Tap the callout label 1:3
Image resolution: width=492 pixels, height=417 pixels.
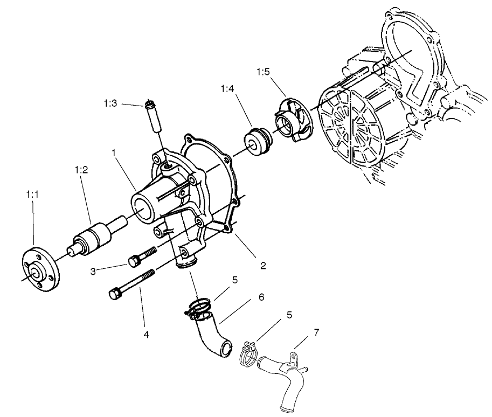[x=110, y=103]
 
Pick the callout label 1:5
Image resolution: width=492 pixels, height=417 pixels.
[x=262, y=72]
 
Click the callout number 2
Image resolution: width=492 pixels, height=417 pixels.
[x=262, y=266]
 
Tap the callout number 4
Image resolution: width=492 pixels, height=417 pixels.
[x=145, y=334]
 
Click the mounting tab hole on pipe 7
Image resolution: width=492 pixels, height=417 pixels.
[x=292, y=356]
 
